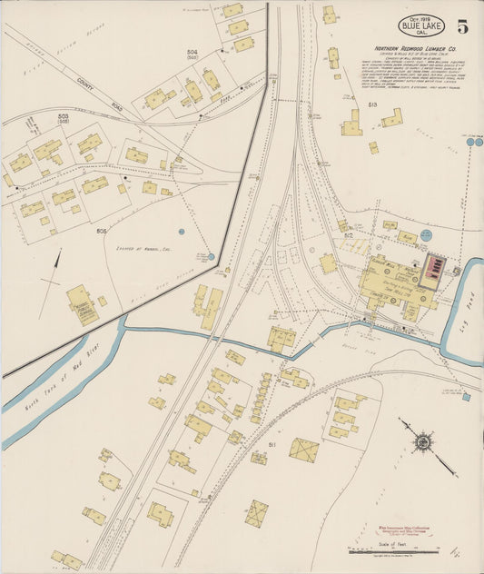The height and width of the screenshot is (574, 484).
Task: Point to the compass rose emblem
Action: coord(422,442)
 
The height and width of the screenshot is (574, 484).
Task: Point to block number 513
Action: coord(372,105)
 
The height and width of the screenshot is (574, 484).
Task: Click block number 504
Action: coord(192,54)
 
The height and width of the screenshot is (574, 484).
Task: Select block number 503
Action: coord(63,118)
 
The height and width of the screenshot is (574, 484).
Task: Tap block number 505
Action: coord(102,232)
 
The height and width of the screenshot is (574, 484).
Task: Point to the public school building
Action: coord(82,304)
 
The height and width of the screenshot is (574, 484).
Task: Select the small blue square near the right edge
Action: coord(466,397)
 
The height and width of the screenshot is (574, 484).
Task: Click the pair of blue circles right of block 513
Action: coord(474,142)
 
